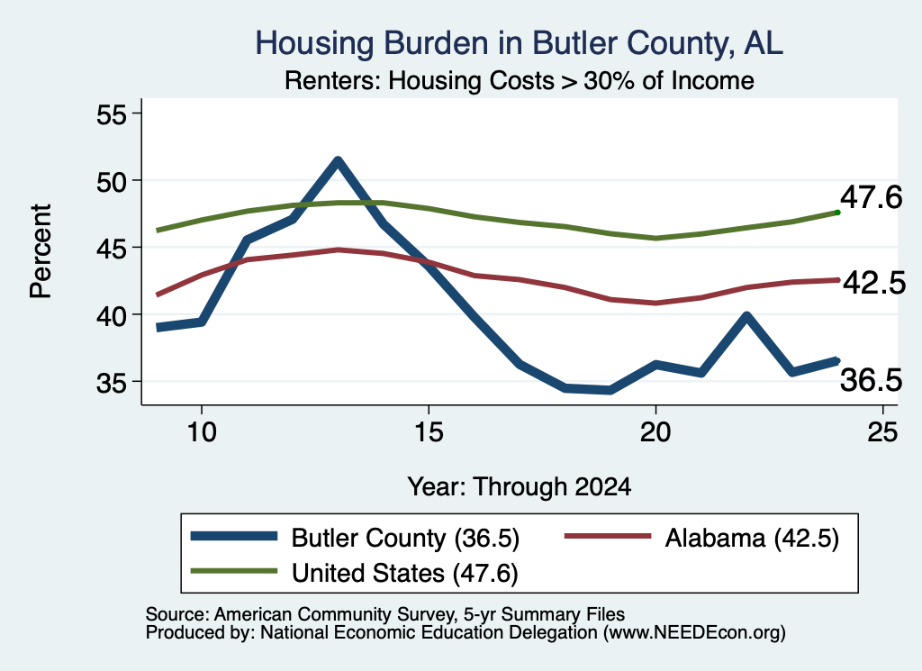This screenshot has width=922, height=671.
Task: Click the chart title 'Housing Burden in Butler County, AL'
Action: pos(519,43)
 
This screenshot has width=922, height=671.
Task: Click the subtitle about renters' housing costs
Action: pos(520,80)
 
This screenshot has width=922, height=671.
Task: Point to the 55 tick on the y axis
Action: pos(112,114)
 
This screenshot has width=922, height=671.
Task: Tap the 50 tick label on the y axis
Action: pos(112,181)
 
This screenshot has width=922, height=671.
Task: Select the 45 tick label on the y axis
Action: pos(112,249)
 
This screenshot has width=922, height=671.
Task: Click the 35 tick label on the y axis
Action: pos(112,383)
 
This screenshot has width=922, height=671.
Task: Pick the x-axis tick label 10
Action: pos(202,432)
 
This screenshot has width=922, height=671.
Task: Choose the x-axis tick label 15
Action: pos(429,432)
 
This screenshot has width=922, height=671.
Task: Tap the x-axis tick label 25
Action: pos(882,432)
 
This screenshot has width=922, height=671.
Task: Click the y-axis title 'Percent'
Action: pos(41,251)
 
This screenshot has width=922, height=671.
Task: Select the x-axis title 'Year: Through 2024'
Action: pos(520,487)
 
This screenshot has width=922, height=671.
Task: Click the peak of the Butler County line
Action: pos(338,160)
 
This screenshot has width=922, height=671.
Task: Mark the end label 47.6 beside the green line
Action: pos(871,196)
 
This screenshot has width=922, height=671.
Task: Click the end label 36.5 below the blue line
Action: pos(871,379)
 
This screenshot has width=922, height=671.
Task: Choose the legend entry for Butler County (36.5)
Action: pos(355,538)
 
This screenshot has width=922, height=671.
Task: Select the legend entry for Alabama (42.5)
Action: pos(701,538)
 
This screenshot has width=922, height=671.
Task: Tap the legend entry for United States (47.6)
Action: pos(355,573)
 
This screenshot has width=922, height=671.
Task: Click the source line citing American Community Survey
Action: pos(385,614)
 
